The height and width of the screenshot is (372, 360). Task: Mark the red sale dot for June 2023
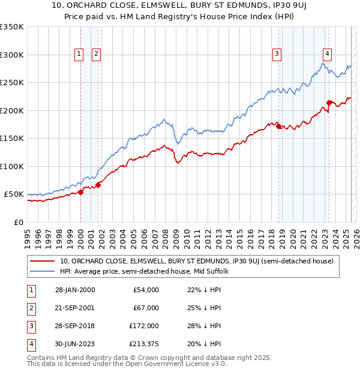[329, 103]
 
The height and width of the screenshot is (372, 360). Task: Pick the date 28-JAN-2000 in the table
[75, 290]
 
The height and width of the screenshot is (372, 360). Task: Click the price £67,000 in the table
[146, 308]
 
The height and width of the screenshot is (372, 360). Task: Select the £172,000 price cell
[144, 326]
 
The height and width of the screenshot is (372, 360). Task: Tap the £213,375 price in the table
[144, 344]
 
